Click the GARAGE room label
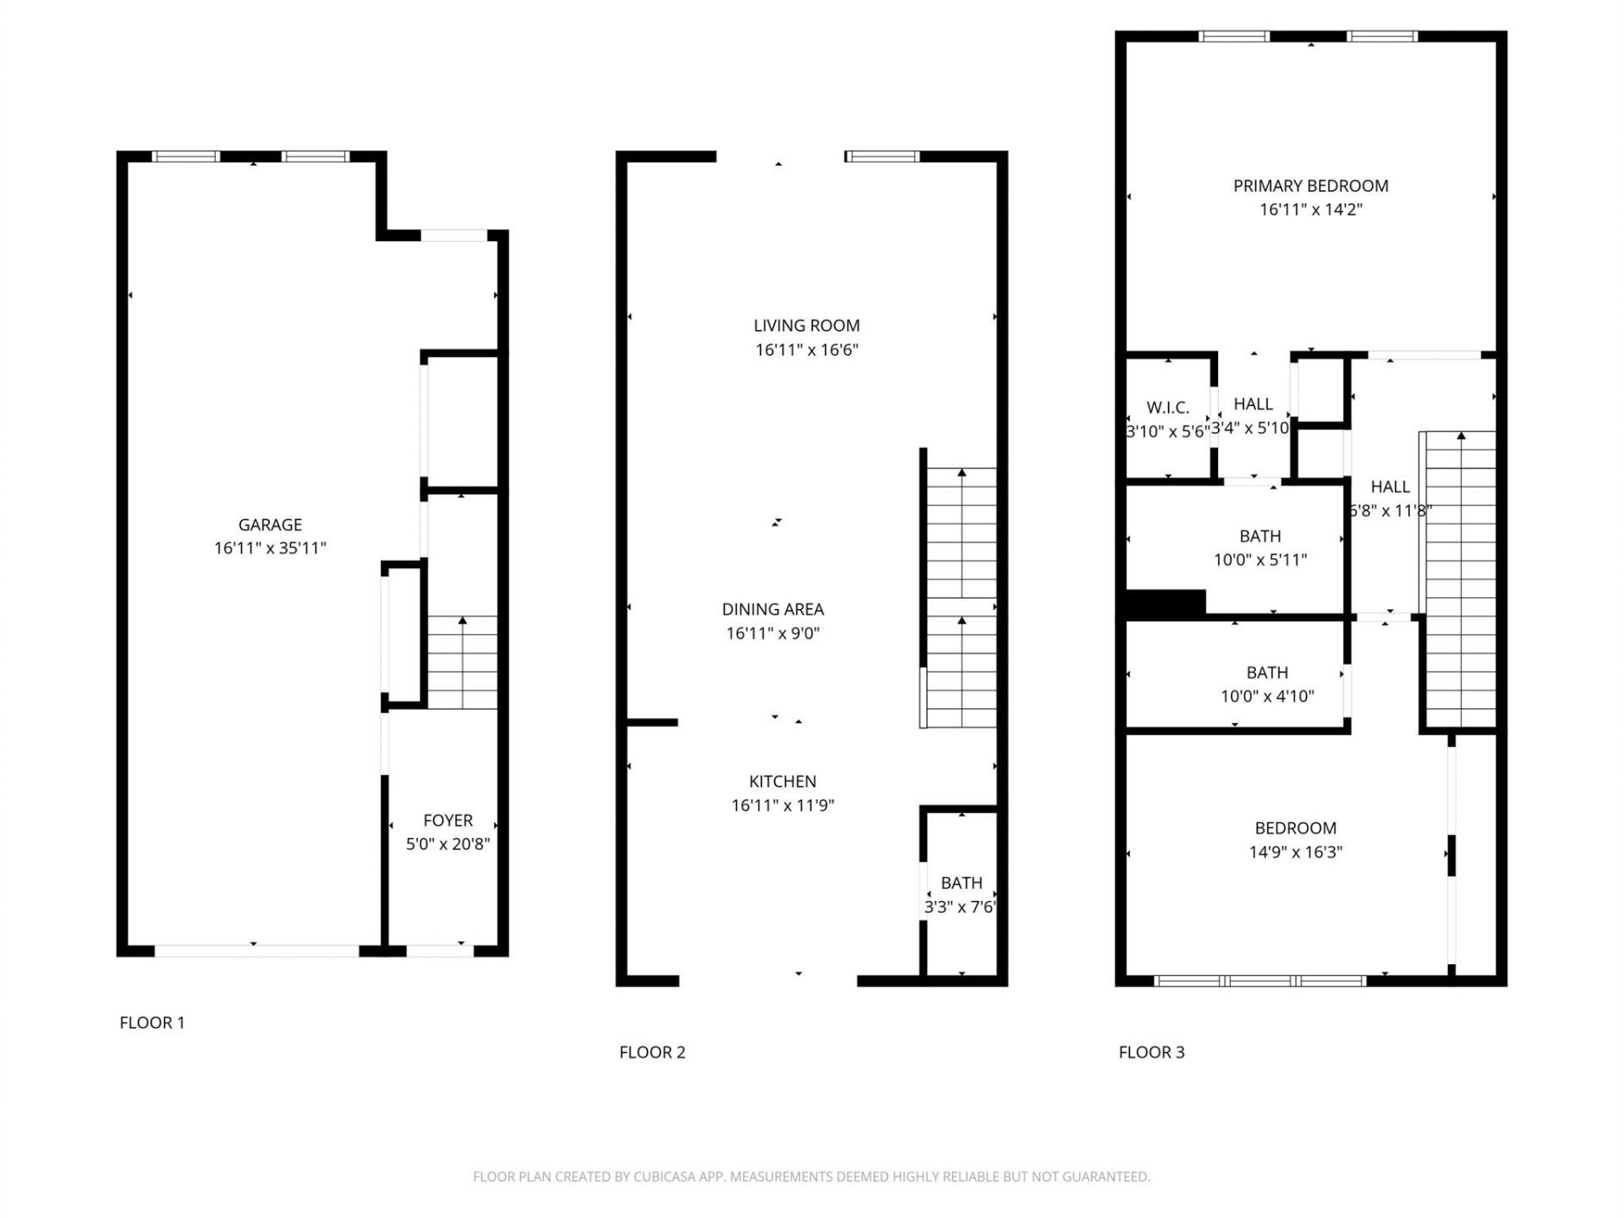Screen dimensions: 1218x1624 click(270, 524)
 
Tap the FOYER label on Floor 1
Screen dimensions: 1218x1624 click(447, 820)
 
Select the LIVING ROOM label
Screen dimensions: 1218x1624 click(806, 326)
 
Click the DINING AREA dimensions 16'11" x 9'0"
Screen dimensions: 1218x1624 click(772, 634)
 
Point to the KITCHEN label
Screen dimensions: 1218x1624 click(782, 782)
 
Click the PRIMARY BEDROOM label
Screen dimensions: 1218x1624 click(1310, 186)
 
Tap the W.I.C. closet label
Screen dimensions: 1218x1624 click(1167, 408)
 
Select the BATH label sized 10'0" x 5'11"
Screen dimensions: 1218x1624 click(1259, 536)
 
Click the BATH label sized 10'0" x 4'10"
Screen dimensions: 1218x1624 click(1266, 673)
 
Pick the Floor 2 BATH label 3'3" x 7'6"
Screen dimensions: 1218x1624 click(961, 883)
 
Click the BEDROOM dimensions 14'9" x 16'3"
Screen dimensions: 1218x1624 click(1295, 853)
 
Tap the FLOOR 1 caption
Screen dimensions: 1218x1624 click(152, 1023)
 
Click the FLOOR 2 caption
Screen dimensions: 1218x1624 click(652, 1052)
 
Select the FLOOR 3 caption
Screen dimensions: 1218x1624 click(1151, 1052)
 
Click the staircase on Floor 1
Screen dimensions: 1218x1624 click(462, 663)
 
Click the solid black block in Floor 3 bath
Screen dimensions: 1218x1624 click(1165, 603)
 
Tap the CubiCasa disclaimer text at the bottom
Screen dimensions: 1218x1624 click(811, 1177)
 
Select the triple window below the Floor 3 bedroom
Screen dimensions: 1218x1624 click(1259, 981)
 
